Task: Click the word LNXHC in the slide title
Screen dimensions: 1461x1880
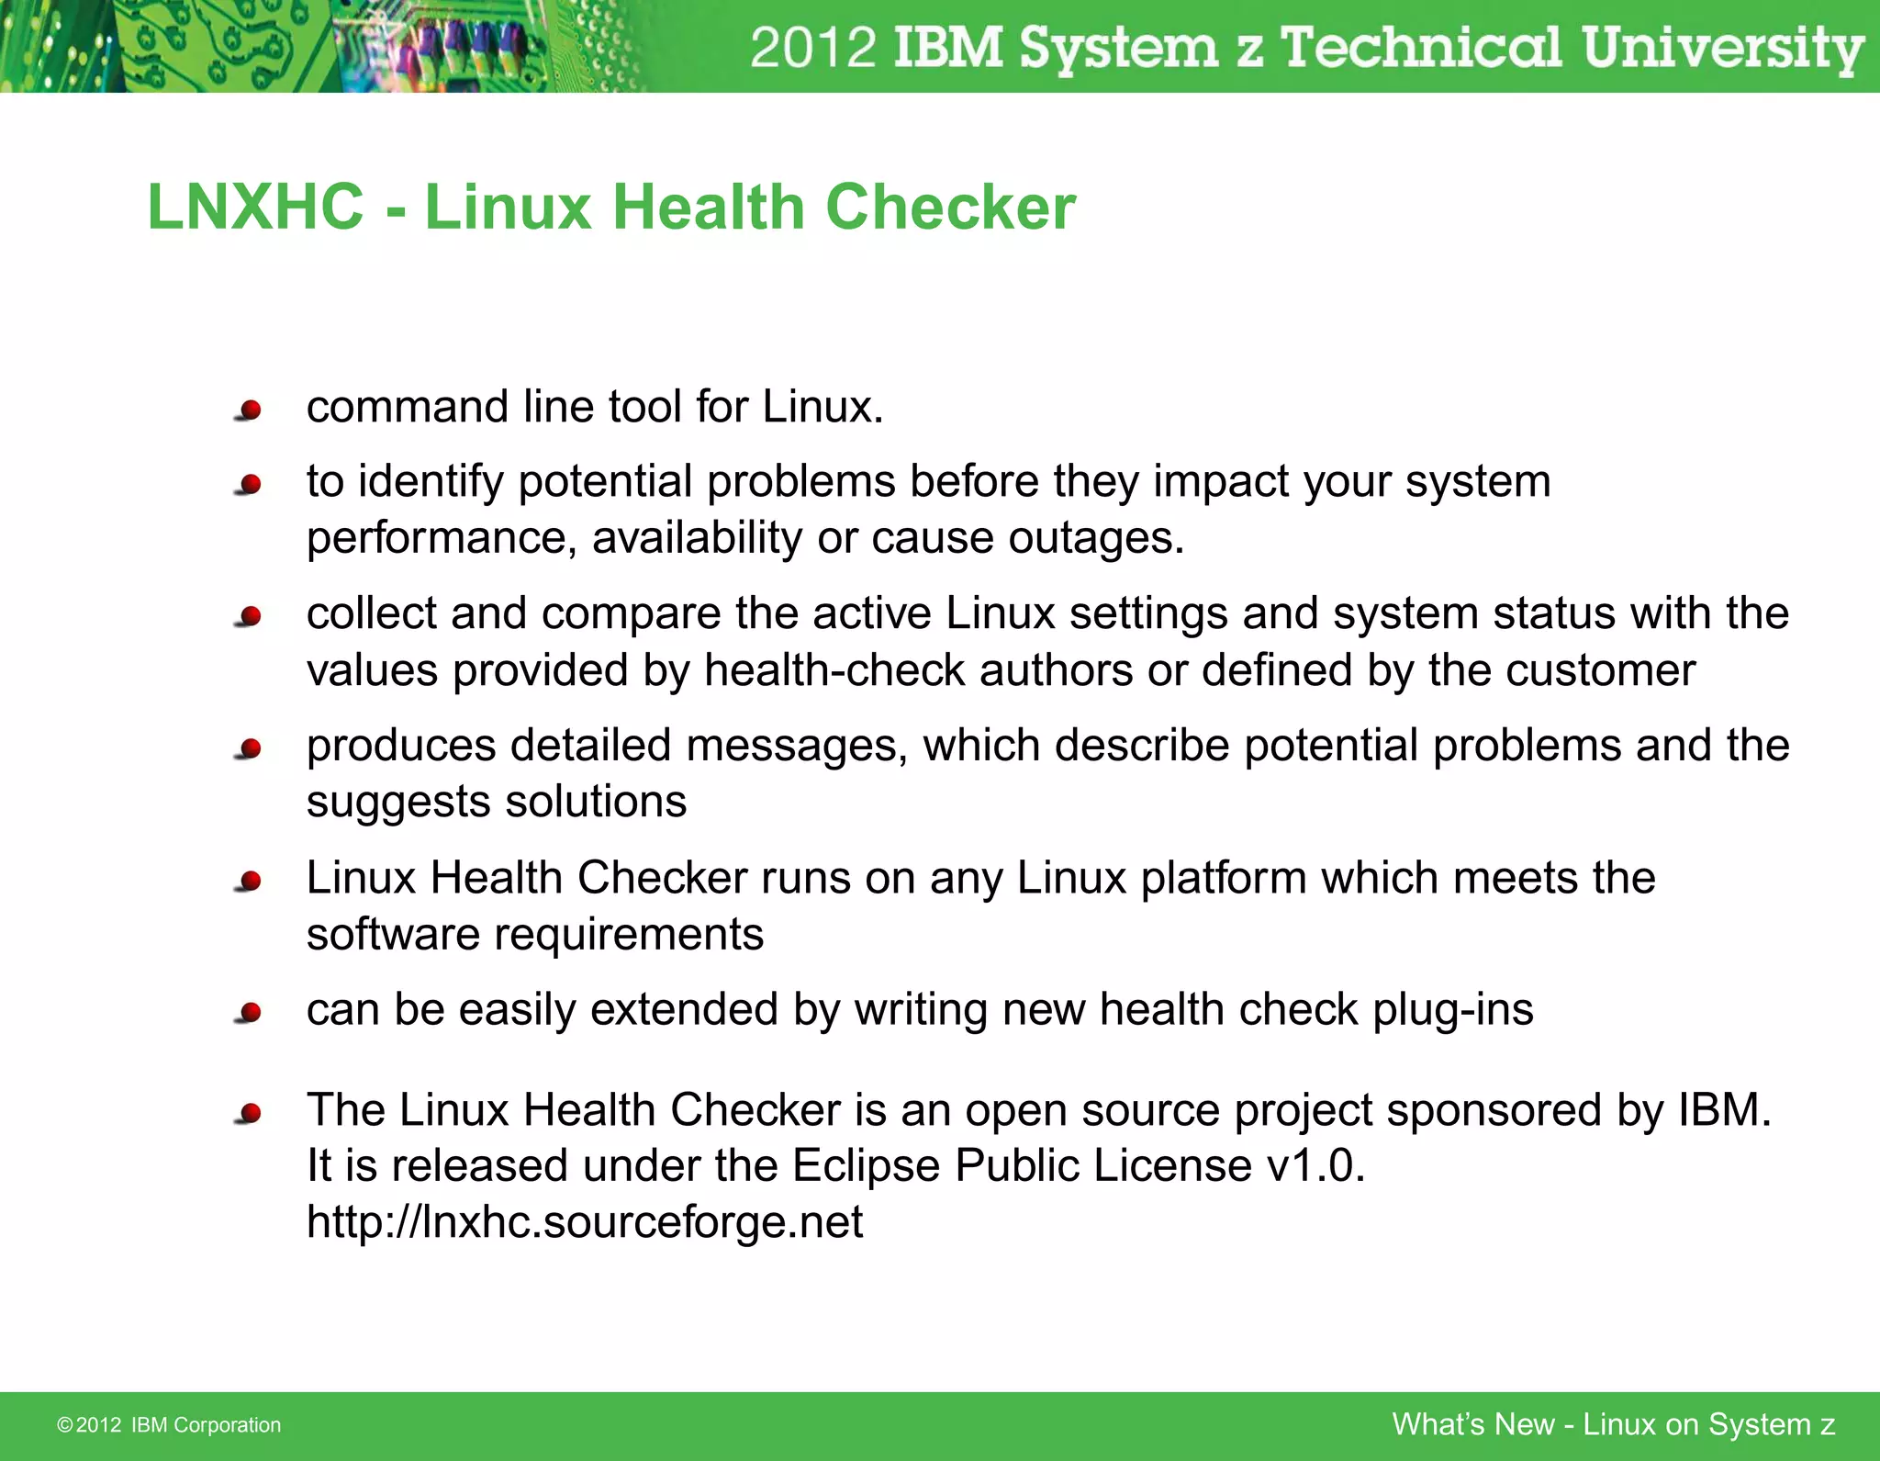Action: [255, 208]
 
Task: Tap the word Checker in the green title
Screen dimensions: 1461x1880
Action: [950, 208]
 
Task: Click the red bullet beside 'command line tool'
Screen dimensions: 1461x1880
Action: [249, 410]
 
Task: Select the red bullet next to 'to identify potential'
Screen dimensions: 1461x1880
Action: [249, 484]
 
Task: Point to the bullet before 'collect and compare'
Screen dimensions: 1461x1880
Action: [249, 616]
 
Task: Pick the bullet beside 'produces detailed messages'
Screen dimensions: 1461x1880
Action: [249, 748]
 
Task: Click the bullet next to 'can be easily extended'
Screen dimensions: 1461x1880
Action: [249, 1013]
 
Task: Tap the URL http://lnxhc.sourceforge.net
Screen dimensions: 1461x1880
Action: [585, 1222]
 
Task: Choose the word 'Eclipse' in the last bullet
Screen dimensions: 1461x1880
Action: [866, 1166]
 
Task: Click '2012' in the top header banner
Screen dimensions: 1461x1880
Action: [813, 48]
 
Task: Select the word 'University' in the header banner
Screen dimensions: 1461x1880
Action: [1722, 48]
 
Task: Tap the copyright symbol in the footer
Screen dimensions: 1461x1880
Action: [64, 1425]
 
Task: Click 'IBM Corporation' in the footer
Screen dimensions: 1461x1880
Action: [206, 1425]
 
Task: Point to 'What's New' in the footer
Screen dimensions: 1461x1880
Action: [1472, 1424]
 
